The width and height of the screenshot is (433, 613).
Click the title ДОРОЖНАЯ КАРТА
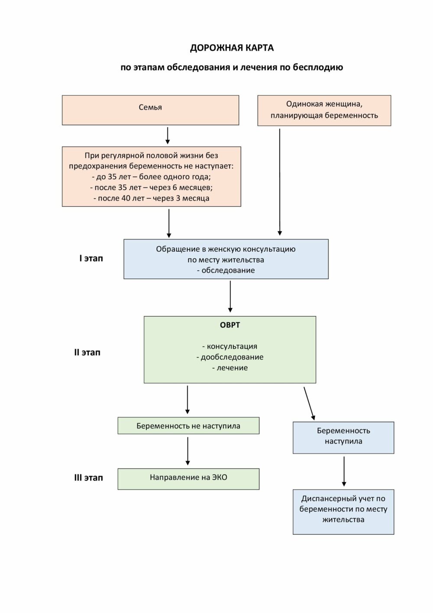pyautogui.click(x=232, y=48)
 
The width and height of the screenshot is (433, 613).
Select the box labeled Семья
pyautogui.click(x=150, y=110)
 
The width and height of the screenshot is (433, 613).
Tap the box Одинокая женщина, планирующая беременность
pyautogui.click(x=324, y=110)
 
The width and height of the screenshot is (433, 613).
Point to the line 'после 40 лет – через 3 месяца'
pyautogui.click(x=152, y=198)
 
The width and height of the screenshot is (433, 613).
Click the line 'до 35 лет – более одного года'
pyautogui.click(x=152, y=177)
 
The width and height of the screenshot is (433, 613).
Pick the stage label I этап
pyautogui.click(x=91, y=258)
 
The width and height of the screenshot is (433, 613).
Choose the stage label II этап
pyautogui.click(x=87, y=353)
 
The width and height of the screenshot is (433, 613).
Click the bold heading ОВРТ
pyautogui.click(x=230, y=325)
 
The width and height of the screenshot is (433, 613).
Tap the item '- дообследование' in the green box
pyautogui.click(x=230, y=357)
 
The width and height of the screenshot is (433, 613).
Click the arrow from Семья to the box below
pyautogui.click(x=168, y=136)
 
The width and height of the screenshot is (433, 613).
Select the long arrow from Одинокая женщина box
pyautogui.click(x=280, y=182)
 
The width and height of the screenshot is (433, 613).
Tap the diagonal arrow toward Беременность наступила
pyautogui.click(x=309, y=403)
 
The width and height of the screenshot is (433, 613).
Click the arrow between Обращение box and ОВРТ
pyautogui.click(x=230, y=297)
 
